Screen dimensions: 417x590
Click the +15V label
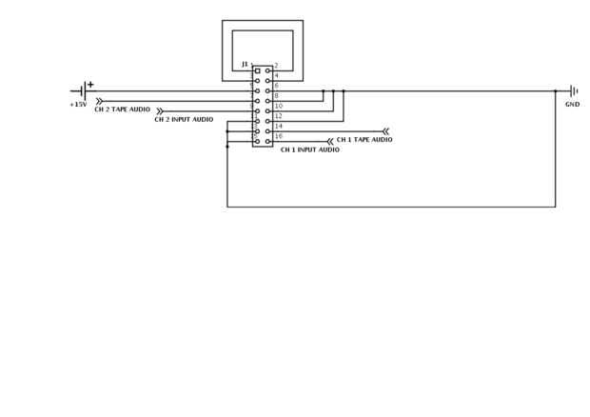(78, 105)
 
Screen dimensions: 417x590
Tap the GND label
(572, 105)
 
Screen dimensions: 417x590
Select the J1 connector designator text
(245, 64)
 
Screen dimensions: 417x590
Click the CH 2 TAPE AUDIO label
(122, 110)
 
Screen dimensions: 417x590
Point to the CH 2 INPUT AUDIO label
(184, 120)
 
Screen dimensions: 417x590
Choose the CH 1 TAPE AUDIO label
(364, 140)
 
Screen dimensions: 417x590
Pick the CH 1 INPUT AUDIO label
(309, 149)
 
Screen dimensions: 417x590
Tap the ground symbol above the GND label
(573, 91)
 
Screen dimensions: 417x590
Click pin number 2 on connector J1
(276, 66)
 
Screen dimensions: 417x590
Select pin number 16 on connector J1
(278, 136)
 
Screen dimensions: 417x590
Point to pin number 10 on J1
(278, 106)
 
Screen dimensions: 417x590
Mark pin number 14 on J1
(278, 126)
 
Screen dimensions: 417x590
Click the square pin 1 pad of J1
(257, 70)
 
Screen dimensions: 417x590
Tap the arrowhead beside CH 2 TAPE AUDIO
(99, 101)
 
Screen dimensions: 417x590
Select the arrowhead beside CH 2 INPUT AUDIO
(159, 111)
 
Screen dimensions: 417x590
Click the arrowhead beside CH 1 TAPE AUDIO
(385, 131)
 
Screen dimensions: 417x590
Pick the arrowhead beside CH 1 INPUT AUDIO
(330, 142)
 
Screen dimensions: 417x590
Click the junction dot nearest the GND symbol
(555, 91)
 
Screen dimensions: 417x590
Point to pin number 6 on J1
(276, 86)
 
